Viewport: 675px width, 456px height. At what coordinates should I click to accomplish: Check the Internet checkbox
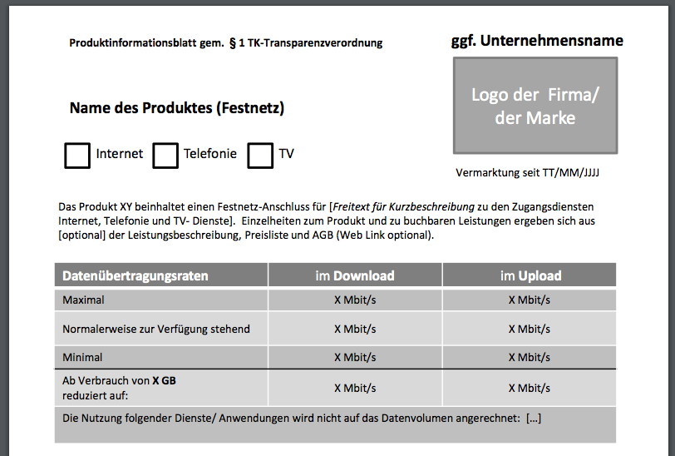click(x=77, y=156)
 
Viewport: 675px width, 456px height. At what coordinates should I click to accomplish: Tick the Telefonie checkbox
click(x=165, y=156)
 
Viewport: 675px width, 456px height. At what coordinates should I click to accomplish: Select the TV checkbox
click(x=260, y=156)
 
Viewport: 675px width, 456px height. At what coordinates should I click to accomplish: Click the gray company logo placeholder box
click(x=535, y=106)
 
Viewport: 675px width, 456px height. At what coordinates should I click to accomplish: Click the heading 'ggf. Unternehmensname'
click(x=537, y=41)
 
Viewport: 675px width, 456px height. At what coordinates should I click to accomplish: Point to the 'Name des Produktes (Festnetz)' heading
click(x=177, y=108)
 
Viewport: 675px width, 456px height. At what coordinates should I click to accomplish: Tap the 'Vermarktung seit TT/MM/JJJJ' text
click(x=528, y=173)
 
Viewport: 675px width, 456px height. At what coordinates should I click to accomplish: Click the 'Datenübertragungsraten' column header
click(x=135, y=275)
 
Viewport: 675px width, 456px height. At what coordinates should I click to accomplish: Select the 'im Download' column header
click(x=355, y=275)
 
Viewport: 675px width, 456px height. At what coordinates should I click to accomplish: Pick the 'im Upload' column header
click(x=530, y=275)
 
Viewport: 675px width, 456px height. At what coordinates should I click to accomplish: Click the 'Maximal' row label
click(x=83, y=300)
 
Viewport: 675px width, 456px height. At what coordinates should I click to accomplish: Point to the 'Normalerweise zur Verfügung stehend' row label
click(x=156, y=329)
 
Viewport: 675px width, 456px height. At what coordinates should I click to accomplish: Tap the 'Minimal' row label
click(x=82, y=357)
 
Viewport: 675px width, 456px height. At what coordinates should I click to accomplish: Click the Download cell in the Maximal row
click(x=355, y=300)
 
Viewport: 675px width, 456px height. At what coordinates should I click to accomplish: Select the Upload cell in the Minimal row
click(x=530, y=357)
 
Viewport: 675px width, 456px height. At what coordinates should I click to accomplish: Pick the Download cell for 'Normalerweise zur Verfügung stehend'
click(x=355, y=329)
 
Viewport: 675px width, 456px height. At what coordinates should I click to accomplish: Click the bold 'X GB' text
click(x=164, y=381)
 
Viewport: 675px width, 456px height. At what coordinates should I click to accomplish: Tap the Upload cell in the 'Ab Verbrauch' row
click(x=530, y=388)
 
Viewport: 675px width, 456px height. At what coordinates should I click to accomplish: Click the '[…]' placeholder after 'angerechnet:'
click(x=534, y=418)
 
